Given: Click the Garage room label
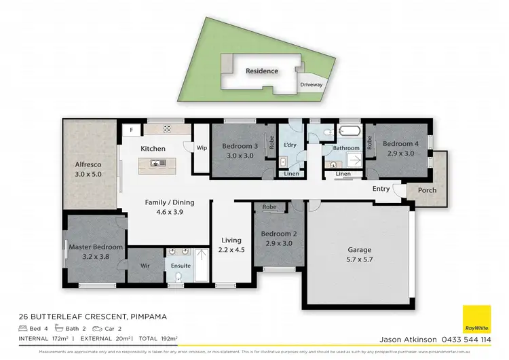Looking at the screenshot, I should click(x=360, y=249).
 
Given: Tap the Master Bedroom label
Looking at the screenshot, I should click(x=96, y=247).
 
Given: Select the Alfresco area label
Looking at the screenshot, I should click(x=88, y=164).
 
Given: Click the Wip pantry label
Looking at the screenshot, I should click(x=202, y=147).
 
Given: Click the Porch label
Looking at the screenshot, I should click(x=427, y=190).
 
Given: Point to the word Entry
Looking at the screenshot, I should click(x=381, y=189).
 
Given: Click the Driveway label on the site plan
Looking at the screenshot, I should click(x=312, y=85).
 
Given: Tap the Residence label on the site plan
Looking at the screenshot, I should click(x=262, y=71).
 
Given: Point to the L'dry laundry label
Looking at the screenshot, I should click(x=290, y=145).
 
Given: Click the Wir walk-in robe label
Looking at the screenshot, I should click(x=145, y=266).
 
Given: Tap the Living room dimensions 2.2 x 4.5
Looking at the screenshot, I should click(x=232, y=249).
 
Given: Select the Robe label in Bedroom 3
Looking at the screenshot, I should click(x=271, y=143).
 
